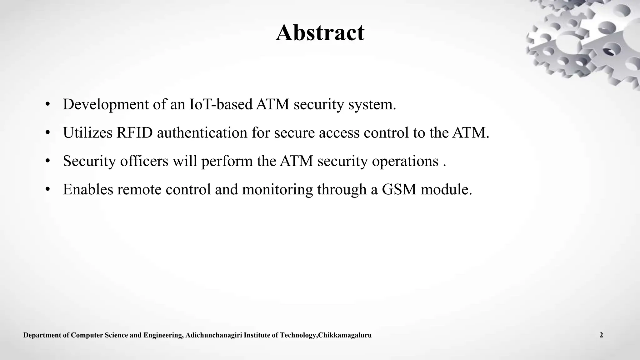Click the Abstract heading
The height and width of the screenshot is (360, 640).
tap(320, 32)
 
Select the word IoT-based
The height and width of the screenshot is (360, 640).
tap(221, 104)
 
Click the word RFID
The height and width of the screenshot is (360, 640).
tap(134, 132)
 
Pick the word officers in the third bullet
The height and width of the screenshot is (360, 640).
tap(144, 161)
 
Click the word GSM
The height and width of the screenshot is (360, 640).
tap(399, 189)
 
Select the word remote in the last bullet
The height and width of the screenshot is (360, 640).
tap(139, 189)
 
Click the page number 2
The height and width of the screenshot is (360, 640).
tap(601, 335)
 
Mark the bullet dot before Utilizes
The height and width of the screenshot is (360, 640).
tap(47, 133)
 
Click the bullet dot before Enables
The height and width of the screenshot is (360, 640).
tap(47, 190)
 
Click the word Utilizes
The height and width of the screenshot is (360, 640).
tap(87, 132)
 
